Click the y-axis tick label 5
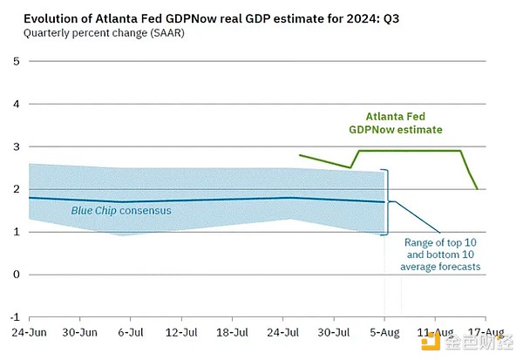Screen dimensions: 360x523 click(16, 60)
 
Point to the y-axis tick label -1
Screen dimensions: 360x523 click(13, 317)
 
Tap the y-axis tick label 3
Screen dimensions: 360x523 click(16, 146)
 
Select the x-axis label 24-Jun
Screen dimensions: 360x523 click(31, 333)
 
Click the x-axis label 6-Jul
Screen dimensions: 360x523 click(130, 333)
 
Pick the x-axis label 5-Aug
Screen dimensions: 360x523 click(384, 333)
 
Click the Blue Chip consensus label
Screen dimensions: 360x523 click(121, 211)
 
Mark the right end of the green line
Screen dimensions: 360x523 click(476, 188)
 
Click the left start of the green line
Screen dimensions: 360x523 click(299, 155)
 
